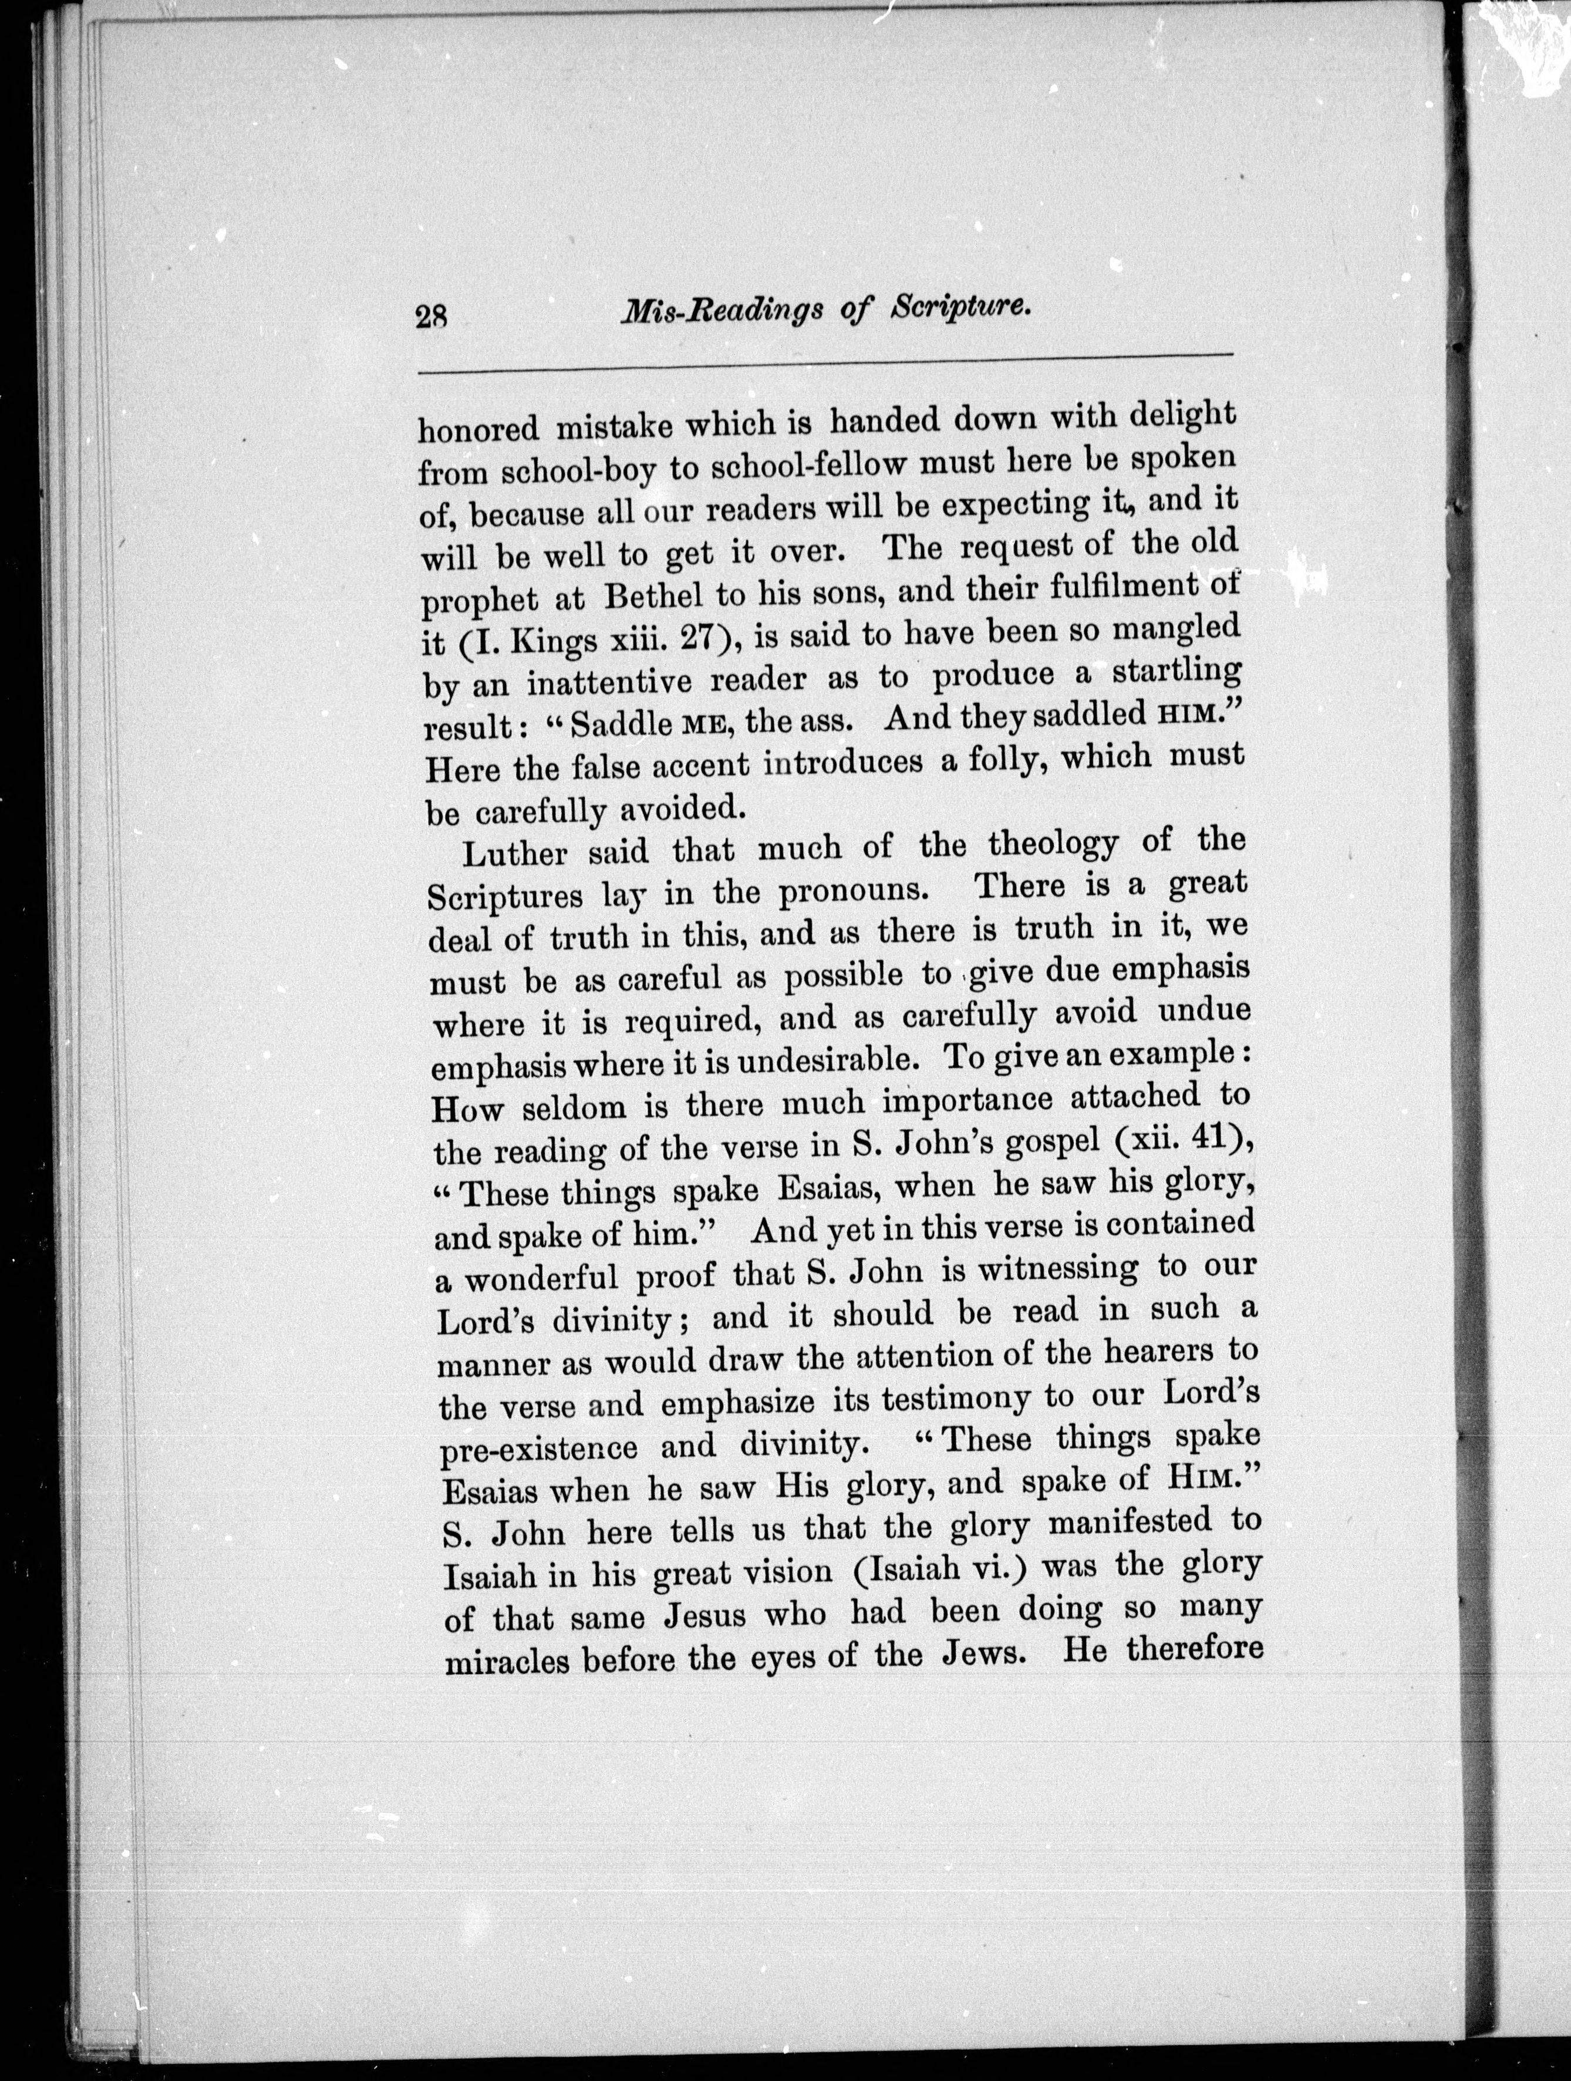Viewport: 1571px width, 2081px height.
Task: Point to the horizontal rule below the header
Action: tap(825, 364)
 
